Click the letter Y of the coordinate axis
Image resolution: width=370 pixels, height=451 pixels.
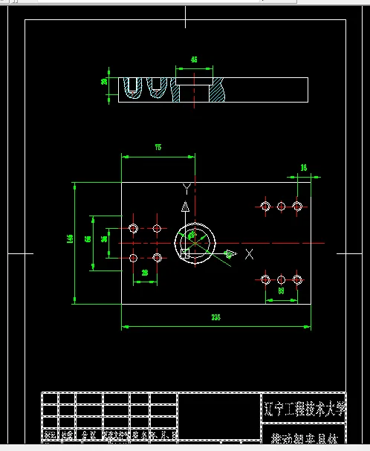pos(187,187)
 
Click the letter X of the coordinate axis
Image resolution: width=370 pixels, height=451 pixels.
pos(249,255)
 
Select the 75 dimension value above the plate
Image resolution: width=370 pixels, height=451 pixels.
pos(158,148)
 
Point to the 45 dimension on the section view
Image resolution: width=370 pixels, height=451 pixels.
pos(194,59)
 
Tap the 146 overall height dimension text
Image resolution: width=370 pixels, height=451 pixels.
pos(69,239)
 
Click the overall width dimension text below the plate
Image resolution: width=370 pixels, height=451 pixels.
pos(215,317)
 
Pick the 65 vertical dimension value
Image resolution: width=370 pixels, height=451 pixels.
pos(87,239)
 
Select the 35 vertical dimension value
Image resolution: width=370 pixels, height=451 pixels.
pos(104,239)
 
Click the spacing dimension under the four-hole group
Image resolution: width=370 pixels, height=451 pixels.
pos(145,273)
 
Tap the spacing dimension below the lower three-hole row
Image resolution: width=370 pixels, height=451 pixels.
pos(282,292)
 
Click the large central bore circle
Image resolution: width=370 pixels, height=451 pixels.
pos(195,241)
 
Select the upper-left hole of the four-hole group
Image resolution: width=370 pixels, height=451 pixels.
pos(134,228)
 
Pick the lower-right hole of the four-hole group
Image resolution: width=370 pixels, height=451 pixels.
pos(157,258)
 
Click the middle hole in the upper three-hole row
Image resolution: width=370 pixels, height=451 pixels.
pos(282,206)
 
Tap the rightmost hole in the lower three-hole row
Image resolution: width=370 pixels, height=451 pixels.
pos(297,279)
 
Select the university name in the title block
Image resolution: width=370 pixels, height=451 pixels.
pos(305,407)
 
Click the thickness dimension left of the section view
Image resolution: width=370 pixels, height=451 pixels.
pos(104,82)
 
